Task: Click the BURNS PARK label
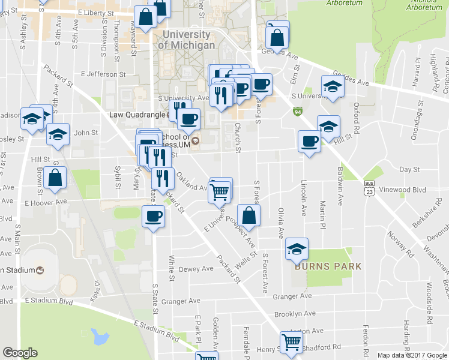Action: coord(328,266)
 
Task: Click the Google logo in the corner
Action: coord(20,353)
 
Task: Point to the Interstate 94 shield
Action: coord(298,112)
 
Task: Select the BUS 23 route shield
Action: coord(369,190)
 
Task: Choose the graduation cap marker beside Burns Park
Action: coord(297,248)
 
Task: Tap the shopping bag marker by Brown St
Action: coord(55,178)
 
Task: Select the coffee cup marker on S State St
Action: coord(153,216)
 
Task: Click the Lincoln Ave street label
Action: coord(304,198)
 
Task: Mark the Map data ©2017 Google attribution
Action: coord(411,355)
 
